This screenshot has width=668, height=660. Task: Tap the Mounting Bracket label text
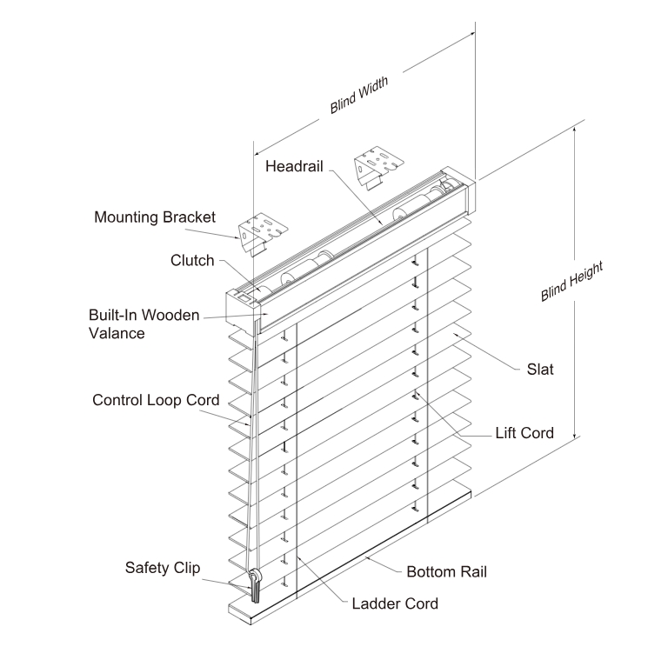click(x=155, y=217)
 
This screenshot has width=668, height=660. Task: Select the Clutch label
click(x=192, y=260)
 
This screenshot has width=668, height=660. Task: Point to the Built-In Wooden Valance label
click(x=144, y=323)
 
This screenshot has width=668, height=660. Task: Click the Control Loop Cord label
click(x=156, y=400)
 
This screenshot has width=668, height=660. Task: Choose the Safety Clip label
click(x=163, y=568)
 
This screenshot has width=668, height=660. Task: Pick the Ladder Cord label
click(x=395, y=603)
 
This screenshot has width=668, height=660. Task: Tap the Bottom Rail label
click(x=447, y=571)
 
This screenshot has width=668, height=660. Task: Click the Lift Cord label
click(x=524, y=433)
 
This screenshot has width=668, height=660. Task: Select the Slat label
click(x=540, y=369)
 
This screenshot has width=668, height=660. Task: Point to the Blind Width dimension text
click(x=358, y=96)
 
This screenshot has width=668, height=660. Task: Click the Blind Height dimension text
click(x=571, y=281)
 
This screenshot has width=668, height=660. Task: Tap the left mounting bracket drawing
click(x=263, y=232)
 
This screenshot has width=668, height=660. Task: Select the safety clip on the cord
click(x=255, y=583)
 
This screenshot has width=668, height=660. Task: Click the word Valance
click(x=117, y=332)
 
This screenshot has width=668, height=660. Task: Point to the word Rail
click(x=470, y=571)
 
